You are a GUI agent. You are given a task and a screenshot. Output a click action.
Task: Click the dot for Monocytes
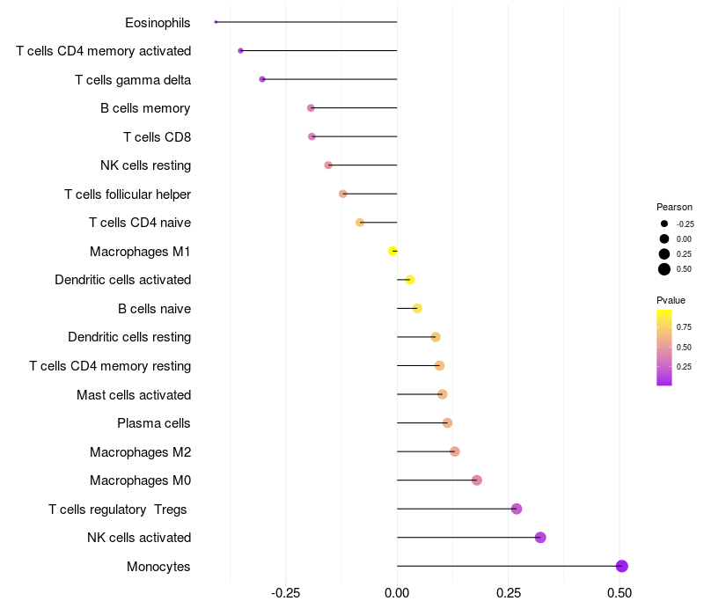[622, 566]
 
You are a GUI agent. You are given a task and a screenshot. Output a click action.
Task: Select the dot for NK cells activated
[540, 538]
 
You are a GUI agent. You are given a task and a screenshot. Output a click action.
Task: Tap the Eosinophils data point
[216, 22]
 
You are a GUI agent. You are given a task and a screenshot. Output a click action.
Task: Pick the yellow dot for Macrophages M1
[392, 251]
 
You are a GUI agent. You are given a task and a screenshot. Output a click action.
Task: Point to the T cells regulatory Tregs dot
[517, 509]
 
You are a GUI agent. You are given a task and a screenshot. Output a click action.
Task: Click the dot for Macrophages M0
[477, 480]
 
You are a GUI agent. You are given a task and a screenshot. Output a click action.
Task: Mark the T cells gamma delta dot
[262, 79]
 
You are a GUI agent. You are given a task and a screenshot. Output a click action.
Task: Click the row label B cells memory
[145, 108]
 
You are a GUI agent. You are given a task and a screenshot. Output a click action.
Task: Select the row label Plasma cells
[154, 423]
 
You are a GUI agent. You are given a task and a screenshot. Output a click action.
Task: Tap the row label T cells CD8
[157, 136]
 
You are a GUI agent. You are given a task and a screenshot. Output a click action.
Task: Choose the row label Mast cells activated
[134, 394]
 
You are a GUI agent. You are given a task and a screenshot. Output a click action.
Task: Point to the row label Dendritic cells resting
[129, 337]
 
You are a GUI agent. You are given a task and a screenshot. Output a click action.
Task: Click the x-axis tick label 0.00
[397, 594]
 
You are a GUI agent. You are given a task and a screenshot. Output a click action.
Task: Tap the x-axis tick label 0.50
[620, 594]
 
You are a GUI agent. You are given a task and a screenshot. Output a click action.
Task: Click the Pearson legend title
[674, 207]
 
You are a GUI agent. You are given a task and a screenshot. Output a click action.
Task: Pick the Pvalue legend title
[671, 300]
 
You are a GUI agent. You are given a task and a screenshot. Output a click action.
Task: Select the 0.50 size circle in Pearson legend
[664, 269]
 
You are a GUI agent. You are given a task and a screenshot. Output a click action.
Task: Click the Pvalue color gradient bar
[664, 347]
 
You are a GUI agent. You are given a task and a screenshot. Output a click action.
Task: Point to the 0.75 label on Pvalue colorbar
[684, 326]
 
